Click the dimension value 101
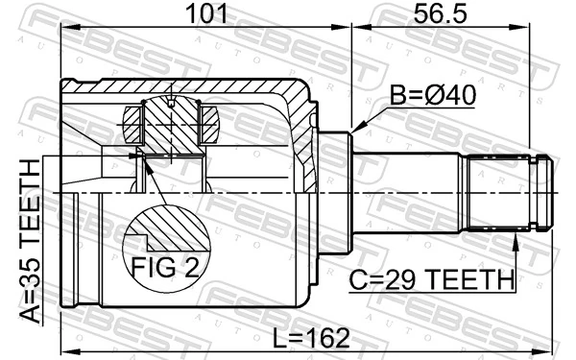tap(204, 13)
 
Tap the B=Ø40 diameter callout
tap(431, 97)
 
